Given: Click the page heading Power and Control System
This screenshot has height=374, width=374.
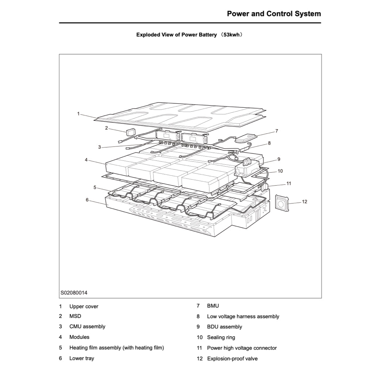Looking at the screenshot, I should click(274, 14).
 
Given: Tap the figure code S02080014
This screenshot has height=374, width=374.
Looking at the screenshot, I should click(74, 293).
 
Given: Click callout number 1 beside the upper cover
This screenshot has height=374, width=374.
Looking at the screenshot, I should click(78, 114).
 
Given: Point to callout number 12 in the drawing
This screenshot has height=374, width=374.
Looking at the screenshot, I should click(305, 202).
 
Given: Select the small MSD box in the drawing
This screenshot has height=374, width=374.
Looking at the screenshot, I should click(130, 132).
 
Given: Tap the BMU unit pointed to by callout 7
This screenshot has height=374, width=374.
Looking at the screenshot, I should click(246, 138).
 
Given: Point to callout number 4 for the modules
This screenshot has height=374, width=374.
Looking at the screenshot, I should click(86, 160).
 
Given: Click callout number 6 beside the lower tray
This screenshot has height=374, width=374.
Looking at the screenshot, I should click(87, 199).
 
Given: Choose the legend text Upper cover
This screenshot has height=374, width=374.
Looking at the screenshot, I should click(84, 306).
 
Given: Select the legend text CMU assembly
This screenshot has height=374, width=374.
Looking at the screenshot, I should click(87, 327).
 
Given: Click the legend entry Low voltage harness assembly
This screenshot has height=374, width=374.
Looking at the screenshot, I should click(243, 317).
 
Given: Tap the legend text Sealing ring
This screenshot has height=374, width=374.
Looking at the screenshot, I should click(221, 337).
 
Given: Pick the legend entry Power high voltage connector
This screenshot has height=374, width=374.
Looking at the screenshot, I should click(242, 348).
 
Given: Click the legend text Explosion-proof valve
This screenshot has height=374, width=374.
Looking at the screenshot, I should click(232, 359).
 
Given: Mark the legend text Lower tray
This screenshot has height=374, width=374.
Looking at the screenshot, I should click(81, 358).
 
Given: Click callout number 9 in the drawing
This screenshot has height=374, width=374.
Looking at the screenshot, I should click(279, 159).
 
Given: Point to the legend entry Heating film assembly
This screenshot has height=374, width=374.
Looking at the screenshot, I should click(117, 348).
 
